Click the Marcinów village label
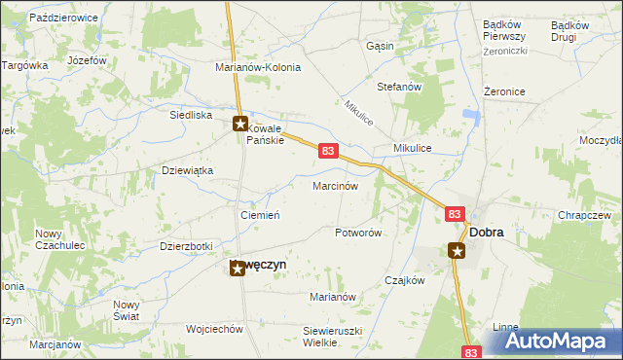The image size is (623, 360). click(336, 185)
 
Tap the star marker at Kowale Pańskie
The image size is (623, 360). click(240, 124)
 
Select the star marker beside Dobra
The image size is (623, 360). click(458, 251)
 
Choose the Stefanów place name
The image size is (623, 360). click(398, 87)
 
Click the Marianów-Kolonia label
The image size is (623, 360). click(258, 68)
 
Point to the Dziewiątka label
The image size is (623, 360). click(186, 170)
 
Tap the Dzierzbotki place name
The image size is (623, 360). click(186, 247)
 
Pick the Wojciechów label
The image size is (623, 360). click(213, 329)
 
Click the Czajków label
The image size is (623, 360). click(405, 280)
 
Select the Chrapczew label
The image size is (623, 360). click(584, 215)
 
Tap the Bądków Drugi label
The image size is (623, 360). click(568, 31)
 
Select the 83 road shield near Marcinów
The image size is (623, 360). click(328, 151)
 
